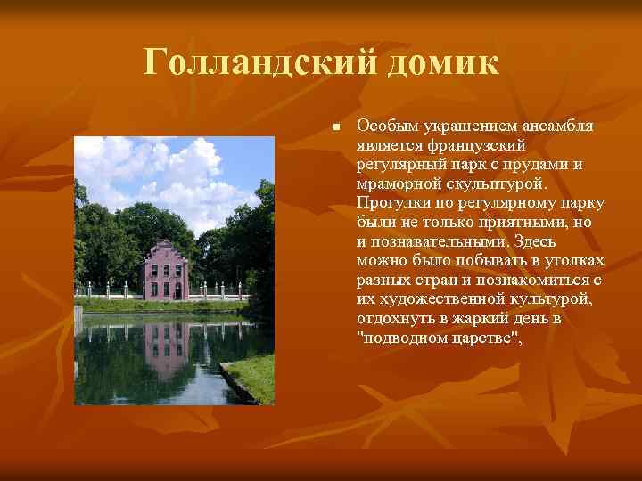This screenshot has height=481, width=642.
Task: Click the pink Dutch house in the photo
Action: coord(164,271)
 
